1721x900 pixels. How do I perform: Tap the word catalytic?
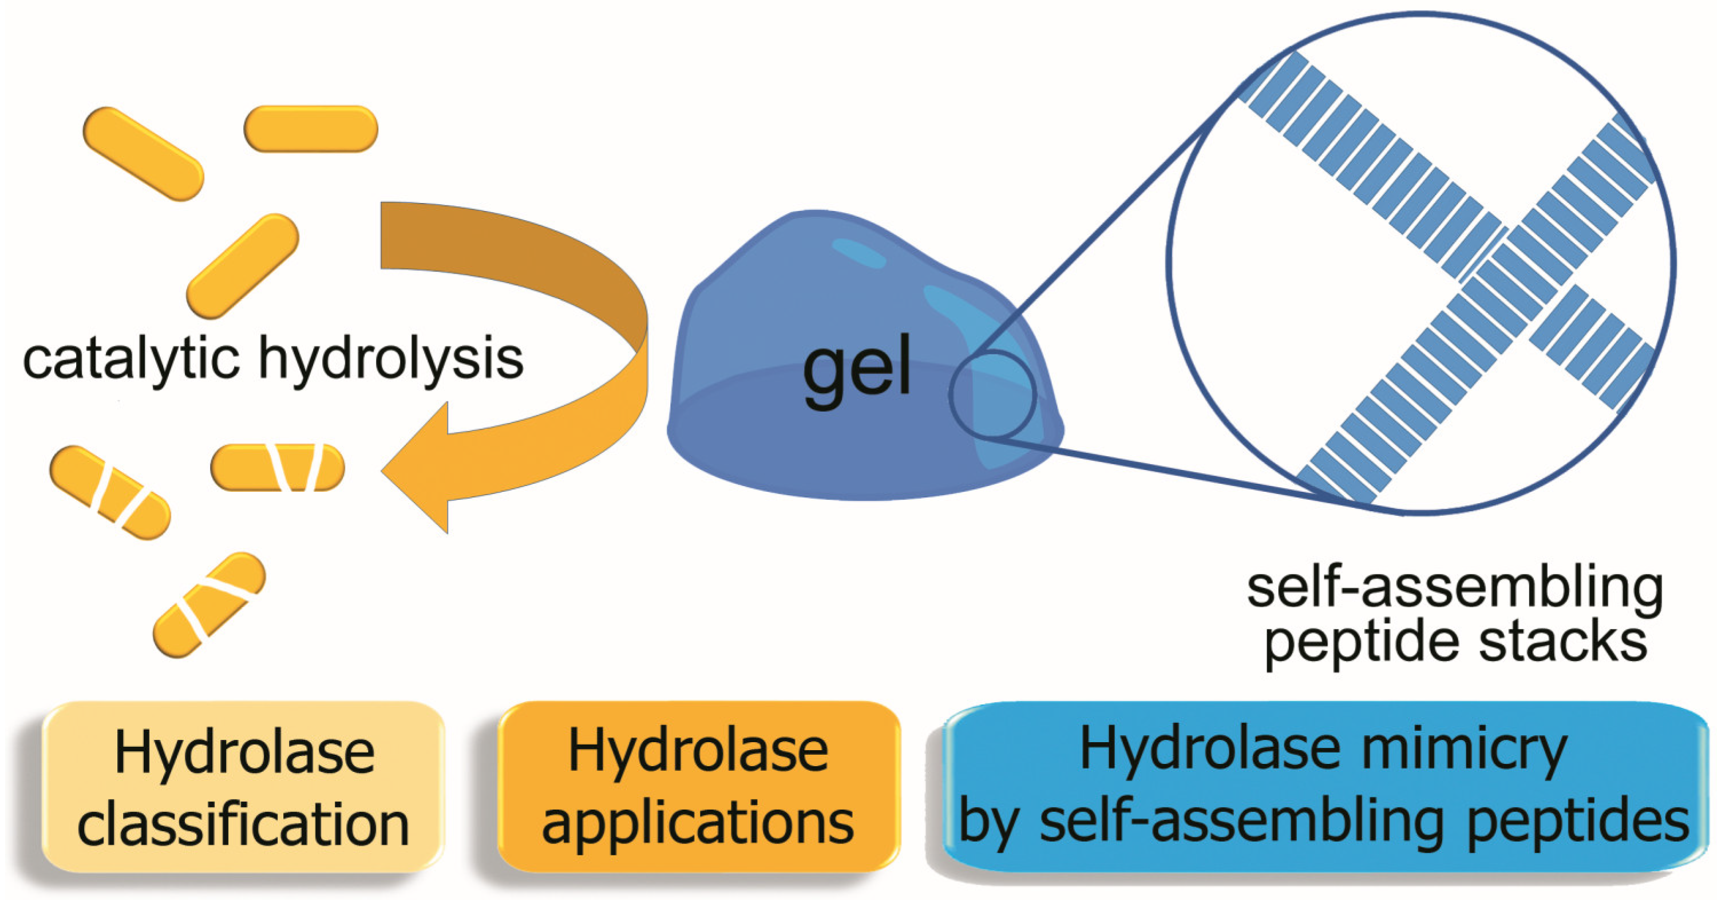point(130,359)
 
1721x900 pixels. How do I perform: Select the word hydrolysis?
point(391,359)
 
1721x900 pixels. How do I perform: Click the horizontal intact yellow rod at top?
point(311,128)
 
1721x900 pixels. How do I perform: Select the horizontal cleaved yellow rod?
point(277,467)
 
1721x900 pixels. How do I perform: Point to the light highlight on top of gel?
point(858,253)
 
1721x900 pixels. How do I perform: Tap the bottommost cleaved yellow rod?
point(209,604)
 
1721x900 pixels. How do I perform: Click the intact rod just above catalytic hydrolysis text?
point(242,265)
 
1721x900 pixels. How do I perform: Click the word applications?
point(698,823)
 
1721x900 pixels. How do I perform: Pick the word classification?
point(243,825)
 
